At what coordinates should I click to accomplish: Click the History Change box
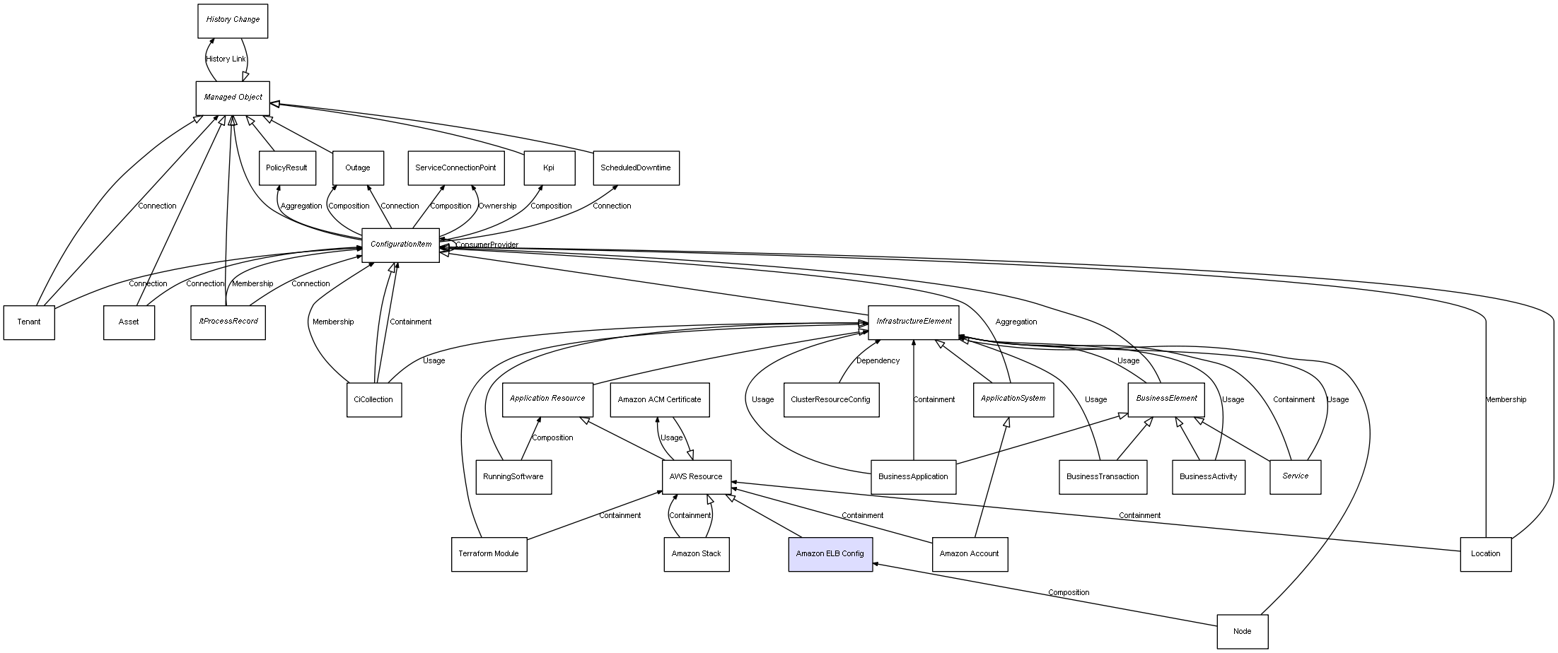pyautogui.click(x=233, y=20)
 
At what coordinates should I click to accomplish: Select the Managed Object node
pyautogui.click(x=233, y=98)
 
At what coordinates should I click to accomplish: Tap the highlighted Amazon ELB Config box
pyautogui.click(x=830, y=554)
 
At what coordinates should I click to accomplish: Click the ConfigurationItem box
pyautogui.click(x=400, y=245)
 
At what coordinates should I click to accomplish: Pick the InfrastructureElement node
pyautogui.click(x=914, y=322)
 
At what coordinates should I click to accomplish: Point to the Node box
pyautogui.click(x=1242, y=631)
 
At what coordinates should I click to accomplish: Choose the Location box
pyautogui.click(x=1485, y=554)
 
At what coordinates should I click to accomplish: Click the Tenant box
pyautogui.click(x=29, y=322)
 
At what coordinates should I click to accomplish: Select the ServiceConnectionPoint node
pyautogui.click(x=455, y=168)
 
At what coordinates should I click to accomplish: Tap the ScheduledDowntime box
pyautogui.click(x=635, y=168)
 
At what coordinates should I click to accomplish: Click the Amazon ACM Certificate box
pyautogui.click(x=659, y=400)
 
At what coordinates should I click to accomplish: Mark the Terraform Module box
pyautogui.click(x=489, y=554)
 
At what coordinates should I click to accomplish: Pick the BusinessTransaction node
pyautogui.click(x=1103, y=477)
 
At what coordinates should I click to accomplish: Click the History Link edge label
pyautogui.click(x=226, y=59)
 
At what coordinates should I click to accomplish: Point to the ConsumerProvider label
pyautogui.click(x=487, y=245)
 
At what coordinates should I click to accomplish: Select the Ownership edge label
pyautogui.click(x=497, y=206)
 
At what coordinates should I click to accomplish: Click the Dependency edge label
pyautogui.click(x=878, y=361)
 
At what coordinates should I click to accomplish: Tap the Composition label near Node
pyautogui.click(x=1068, y=593)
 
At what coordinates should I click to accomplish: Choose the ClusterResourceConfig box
pyautogui.click(x=831, y=400)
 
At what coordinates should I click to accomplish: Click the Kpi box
pyautogui.click(x=549, y=168)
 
